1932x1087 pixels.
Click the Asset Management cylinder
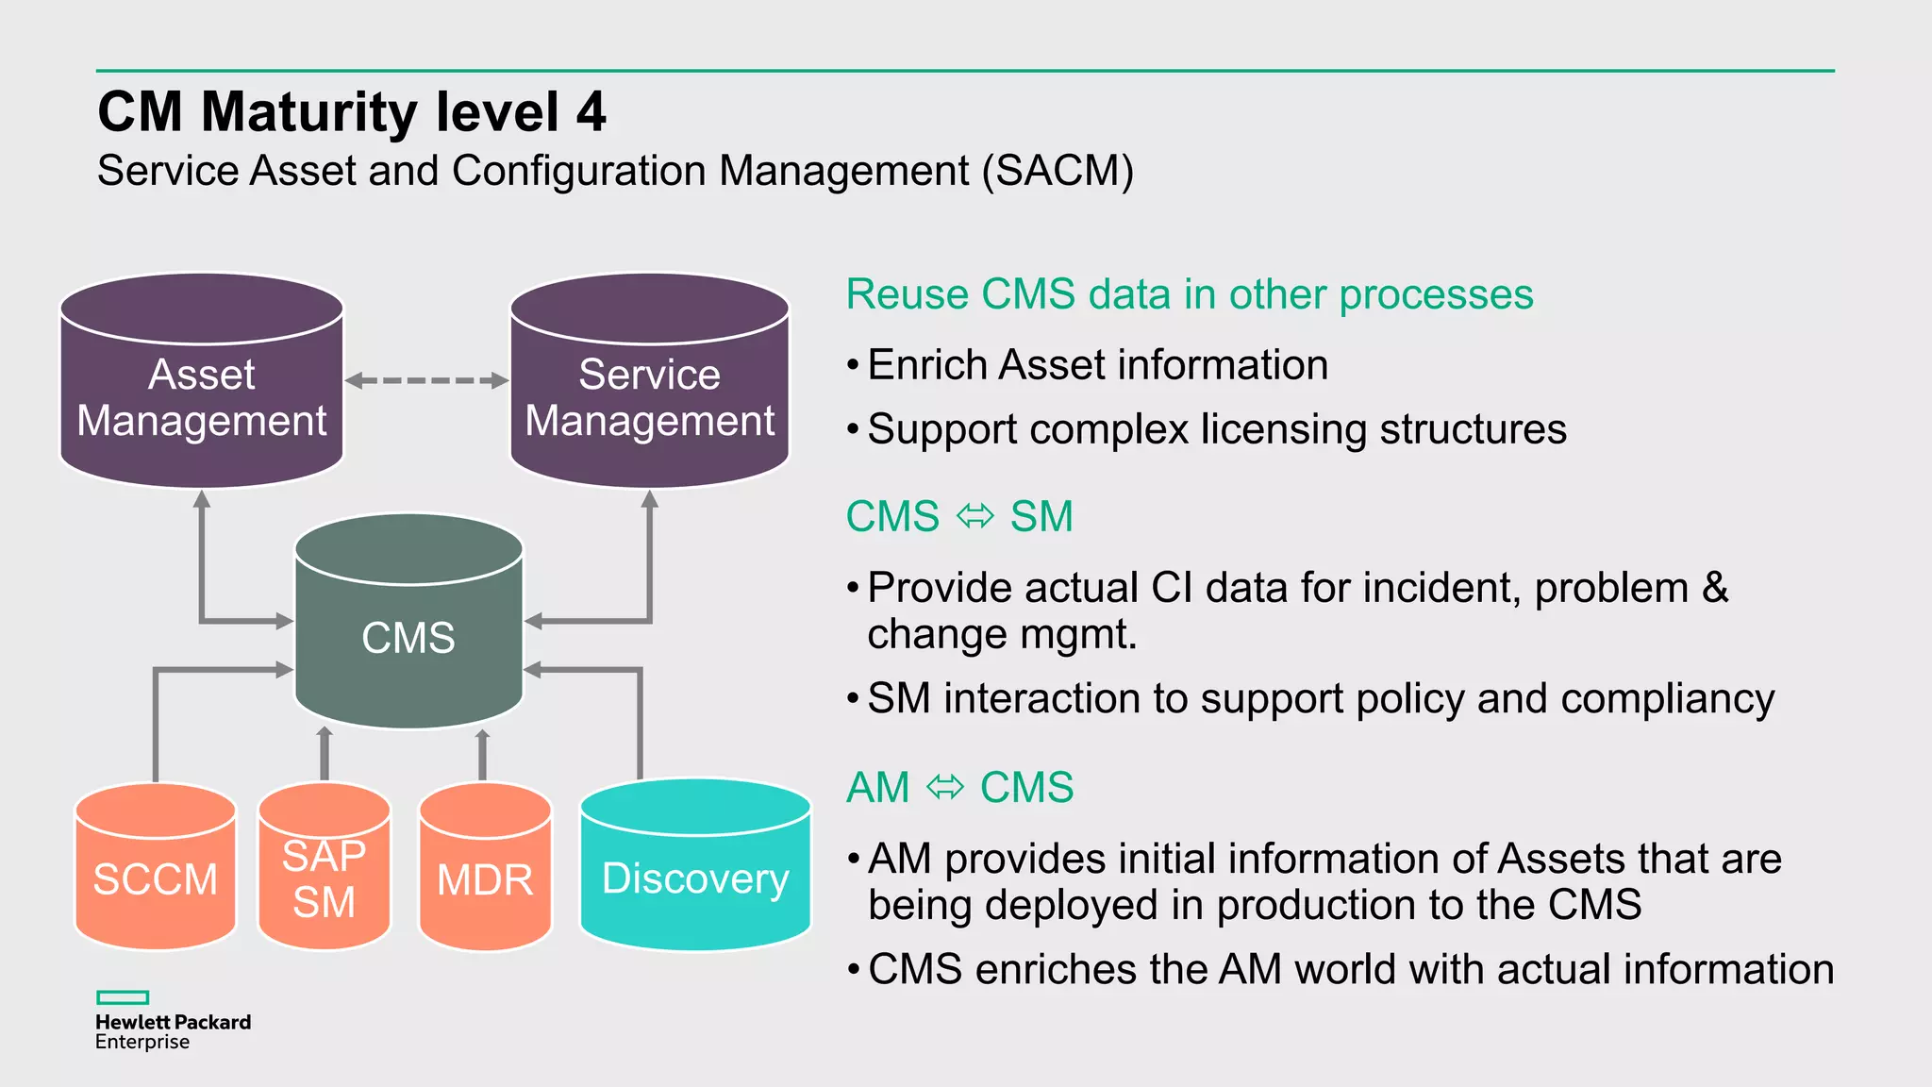click(202, 381)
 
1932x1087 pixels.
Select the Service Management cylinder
click(650, 381)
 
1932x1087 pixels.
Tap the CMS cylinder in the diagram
click(408, 621)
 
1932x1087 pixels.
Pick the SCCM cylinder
click(156, 866)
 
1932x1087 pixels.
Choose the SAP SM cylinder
click(325, 866)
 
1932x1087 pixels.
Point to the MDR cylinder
click(485, 866)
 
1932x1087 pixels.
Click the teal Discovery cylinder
click(696, 864)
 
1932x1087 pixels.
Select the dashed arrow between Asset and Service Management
click(426, 381)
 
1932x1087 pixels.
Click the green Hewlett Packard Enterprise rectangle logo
click(123, 997)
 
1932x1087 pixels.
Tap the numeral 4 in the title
click(591, 112)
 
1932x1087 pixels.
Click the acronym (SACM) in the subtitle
click(1058, 172)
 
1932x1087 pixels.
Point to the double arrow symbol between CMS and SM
click(975, 516)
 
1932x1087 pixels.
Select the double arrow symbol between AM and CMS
click(945, 787)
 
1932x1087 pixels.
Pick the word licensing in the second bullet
click(1285, 430)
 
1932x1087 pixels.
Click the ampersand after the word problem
click(1715, 587)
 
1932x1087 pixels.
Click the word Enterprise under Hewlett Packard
click(142, 1043)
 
